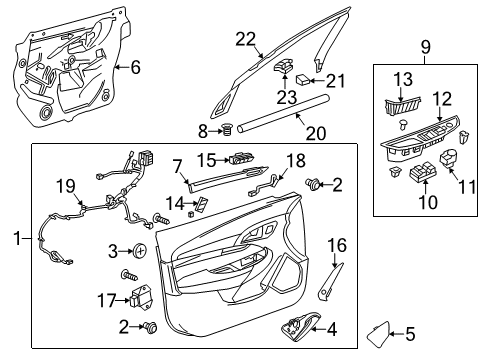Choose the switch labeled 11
pyautogui.click(x=451, y=159)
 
